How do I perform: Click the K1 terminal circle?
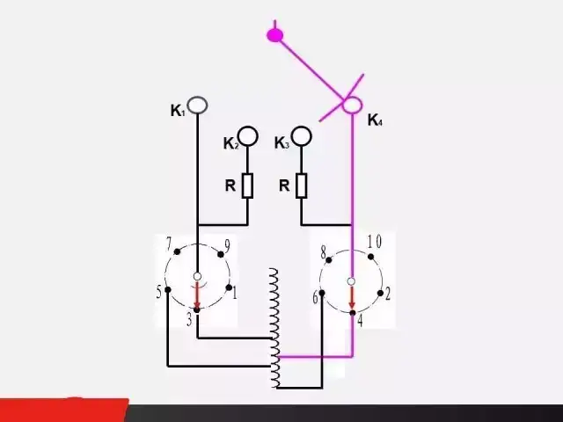[x=198, y=105]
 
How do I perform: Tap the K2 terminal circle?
[x=248, y=135]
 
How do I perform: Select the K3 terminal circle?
[x=302, y=135]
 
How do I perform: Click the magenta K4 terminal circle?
[x=352, y=105]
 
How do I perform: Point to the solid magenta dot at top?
[x=275, y=35]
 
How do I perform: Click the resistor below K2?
[x=248, y=186]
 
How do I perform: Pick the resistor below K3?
[x=302, y=186]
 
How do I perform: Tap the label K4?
[x=375, y=120]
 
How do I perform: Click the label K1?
[x=178, y=111]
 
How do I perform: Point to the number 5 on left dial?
[x=159, y=291]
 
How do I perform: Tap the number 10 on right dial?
[x=374, y=241]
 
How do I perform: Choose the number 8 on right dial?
[x=324, y=253]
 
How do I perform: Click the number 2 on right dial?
[x=388, y=293]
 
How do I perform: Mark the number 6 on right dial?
[x=315, y=297]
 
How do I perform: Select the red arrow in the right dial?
[x=352, y=298]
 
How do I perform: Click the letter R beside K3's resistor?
[x=284, y=186]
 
